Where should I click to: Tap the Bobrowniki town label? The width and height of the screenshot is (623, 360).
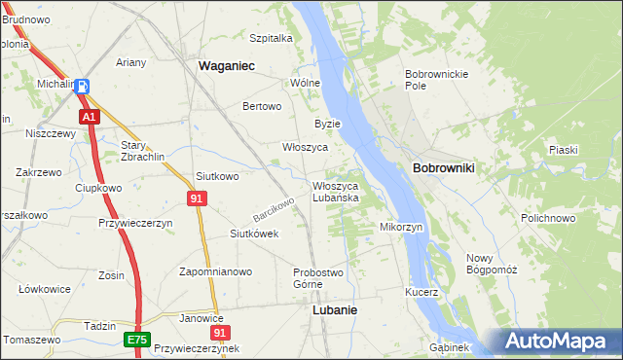443,168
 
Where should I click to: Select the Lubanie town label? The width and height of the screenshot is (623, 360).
334,309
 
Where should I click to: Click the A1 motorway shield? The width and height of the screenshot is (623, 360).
89,117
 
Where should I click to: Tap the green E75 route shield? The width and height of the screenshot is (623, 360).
136,340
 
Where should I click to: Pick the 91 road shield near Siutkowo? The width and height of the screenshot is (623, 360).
198,198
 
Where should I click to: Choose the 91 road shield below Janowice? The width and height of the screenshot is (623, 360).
220,332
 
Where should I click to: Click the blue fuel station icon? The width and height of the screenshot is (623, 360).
83,86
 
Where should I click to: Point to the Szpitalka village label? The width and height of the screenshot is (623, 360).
271,39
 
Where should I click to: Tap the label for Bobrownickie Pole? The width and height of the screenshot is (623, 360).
437,80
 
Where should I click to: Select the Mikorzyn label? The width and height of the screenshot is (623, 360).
400,227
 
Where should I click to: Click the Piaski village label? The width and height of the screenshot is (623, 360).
564,150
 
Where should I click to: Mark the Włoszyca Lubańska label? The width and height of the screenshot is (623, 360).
336,192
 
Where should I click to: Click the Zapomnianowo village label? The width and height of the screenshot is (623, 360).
216,271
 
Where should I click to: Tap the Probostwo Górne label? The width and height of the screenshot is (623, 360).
319,277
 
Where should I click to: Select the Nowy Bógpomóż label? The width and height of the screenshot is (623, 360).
491,263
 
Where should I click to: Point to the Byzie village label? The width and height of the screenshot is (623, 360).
327,124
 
